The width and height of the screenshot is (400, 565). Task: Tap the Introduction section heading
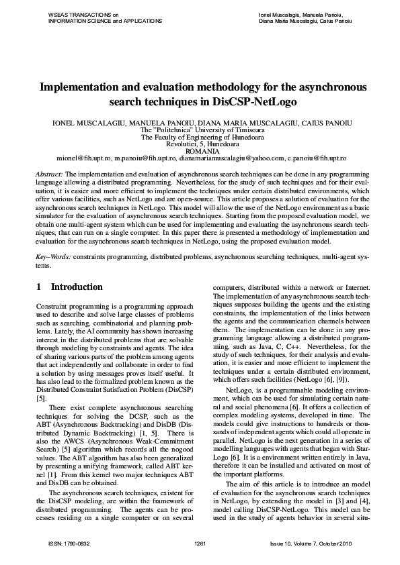pos(77,287)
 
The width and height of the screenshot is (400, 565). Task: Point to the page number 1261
pos(200,542)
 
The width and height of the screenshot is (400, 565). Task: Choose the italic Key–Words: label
pos(53,257)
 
